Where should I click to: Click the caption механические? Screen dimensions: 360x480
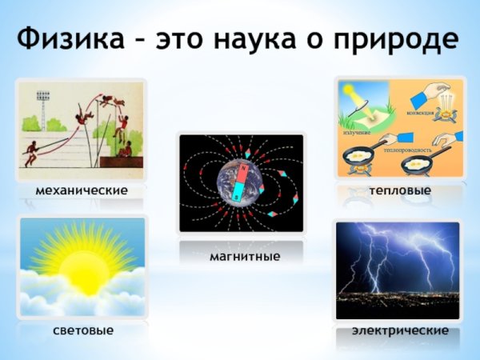[82, 190]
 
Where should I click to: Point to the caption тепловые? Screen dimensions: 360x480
[400, 190]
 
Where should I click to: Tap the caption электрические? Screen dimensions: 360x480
[400, 330]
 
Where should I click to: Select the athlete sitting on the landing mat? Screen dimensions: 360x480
[126, 148]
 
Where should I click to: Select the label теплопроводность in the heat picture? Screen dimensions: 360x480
[408, 150]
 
